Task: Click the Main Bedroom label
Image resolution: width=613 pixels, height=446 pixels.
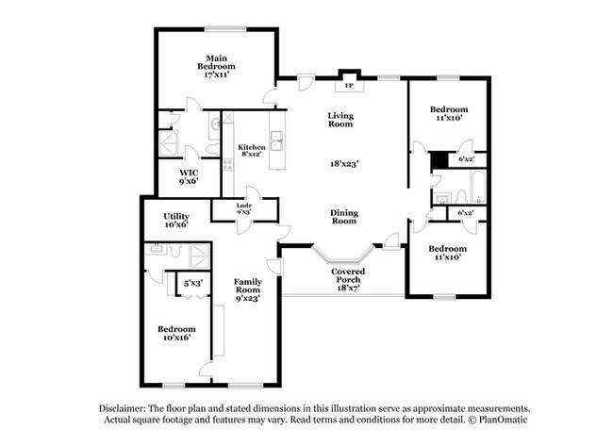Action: tap(216, 67)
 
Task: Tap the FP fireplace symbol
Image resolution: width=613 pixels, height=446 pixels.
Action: tap(349, 86)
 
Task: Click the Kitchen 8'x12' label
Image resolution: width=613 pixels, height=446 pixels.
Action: tap(251, 150)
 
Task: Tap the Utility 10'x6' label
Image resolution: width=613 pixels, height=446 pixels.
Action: tap(176, 221)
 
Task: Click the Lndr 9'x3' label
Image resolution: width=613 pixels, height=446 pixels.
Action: tap(243, 209)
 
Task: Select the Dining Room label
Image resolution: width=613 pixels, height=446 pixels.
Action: tap(343, 217)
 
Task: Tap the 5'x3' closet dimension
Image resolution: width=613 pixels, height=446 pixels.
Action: tap(194, 282)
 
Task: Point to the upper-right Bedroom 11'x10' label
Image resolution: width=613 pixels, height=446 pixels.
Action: tap(449, 114)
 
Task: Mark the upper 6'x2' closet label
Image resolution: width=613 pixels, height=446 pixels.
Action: tap(466, 158)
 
